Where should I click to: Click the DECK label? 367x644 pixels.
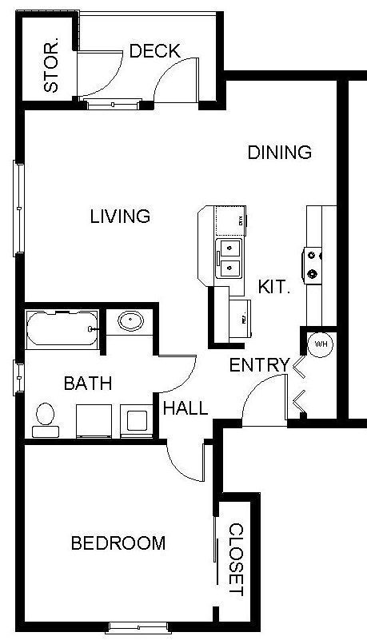154,51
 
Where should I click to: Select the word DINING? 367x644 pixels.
278,152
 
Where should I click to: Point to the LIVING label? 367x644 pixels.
120,216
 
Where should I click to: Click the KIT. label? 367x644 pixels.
273,286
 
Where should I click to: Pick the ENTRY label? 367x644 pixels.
258,365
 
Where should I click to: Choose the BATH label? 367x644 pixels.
88,384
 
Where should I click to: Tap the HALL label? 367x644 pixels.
185,408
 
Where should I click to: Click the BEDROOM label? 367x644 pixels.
118,543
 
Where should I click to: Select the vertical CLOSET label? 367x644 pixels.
237,559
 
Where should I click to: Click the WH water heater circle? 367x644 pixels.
321,344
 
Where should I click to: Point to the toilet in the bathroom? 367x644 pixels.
45,419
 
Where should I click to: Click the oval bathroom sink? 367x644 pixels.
130,322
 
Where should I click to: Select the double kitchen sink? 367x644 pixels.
230,257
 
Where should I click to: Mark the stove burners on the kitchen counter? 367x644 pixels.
311,265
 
